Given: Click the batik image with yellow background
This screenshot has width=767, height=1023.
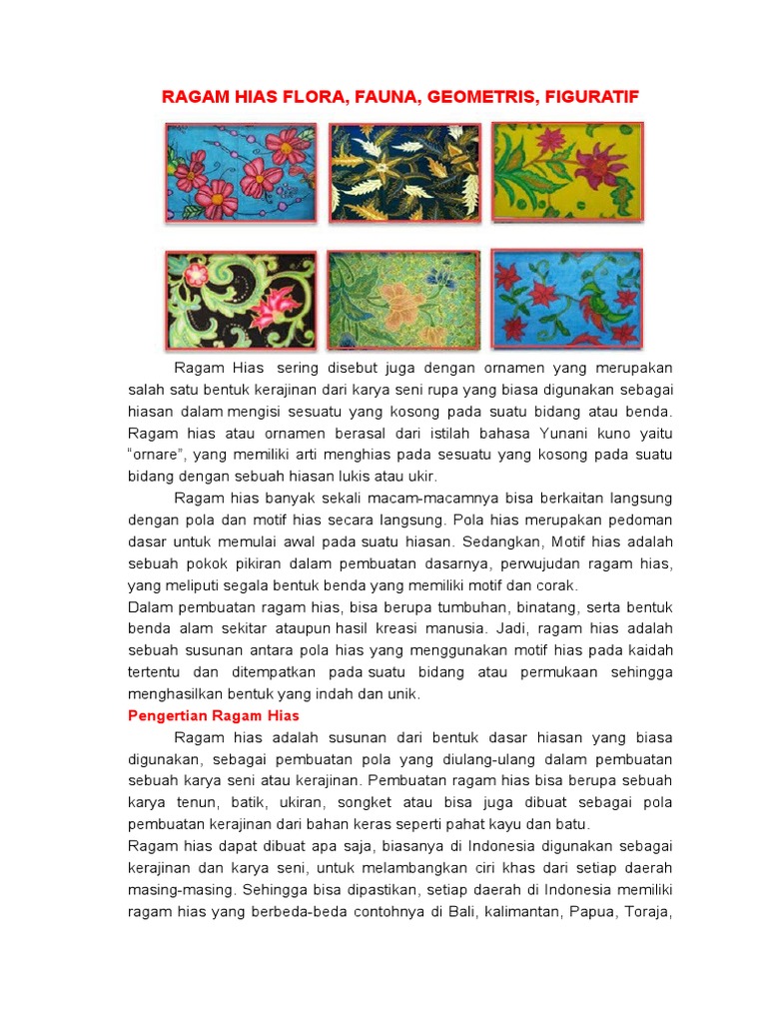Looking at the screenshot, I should coord(567,171).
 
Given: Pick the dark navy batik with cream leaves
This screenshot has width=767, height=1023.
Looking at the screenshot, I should coord(404,172).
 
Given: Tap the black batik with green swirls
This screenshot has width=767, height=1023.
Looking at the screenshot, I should coord(241,300).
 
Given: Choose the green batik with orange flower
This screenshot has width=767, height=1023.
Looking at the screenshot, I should coord(404,300).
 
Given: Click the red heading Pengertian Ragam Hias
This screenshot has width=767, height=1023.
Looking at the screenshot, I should coord(214,716).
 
